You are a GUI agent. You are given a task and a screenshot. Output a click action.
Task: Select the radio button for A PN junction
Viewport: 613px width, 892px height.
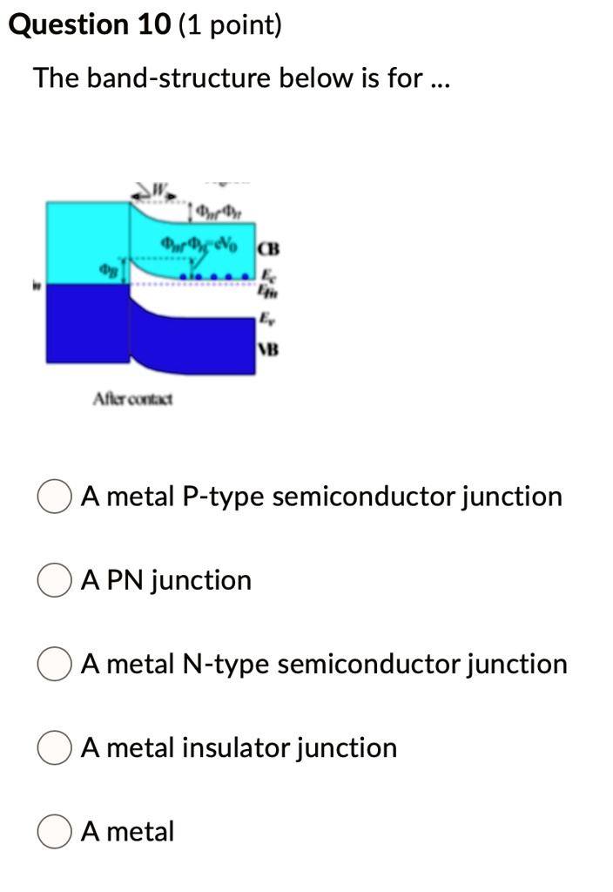(53, 580)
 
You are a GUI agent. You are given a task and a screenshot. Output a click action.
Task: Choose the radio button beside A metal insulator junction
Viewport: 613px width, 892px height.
(53, 747)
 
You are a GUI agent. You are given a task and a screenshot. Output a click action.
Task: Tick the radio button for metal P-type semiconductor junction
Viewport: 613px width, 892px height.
(53, 497)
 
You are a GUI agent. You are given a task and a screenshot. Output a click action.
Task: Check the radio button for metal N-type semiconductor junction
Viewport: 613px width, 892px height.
(53, 664)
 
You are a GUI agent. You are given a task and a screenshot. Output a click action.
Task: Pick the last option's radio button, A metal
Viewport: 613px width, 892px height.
(53, 831)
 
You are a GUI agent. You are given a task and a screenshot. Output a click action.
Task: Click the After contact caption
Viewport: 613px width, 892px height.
(132, 399)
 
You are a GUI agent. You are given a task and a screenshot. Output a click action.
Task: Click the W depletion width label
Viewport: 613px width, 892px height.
(159, 186)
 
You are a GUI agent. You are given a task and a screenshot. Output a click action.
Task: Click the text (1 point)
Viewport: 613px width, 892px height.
(231, 26)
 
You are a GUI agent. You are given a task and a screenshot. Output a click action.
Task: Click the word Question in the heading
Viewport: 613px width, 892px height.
(68, 26)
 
